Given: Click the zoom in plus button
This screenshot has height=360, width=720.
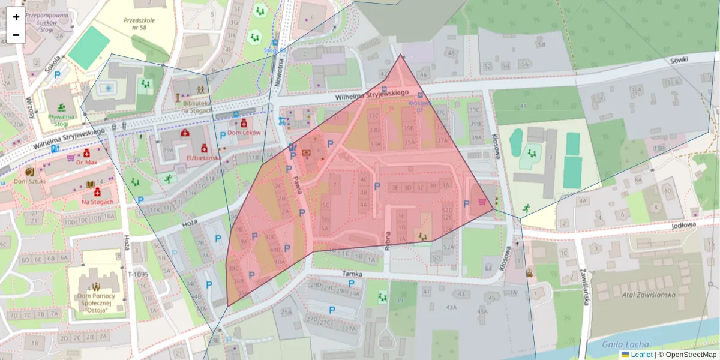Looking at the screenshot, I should coord(16,17).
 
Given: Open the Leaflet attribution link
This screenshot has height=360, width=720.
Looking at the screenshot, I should coord(641,355).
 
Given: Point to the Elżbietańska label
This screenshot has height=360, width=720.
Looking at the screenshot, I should coord(204,158).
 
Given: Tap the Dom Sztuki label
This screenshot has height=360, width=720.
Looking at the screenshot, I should coord(30,181).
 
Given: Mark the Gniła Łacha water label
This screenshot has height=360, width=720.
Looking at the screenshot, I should coord(628,344).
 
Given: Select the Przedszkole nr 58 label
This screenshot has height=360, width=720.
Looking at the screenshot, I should coord(139,23).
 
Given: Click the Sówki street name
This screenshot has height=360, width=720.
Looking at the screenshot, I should coord(679,60).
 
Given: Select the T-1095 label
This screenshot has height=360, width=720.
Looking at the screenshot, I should coord(137,274).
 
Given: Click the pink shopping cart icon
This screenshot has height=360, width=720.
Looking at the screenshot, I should coord(482,202).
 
